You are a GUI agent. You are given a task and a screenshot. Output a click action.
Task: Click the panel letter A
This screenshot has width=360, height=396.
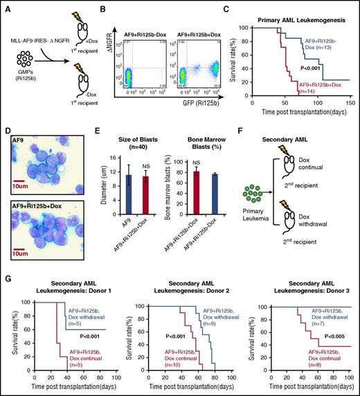tap(5, 6)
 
